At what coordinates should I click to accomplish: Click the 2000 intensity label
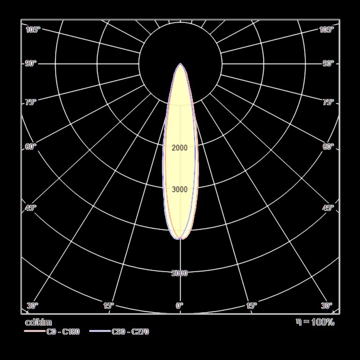pos(180,148)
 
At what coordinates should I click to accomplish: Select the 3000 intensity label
pos(180,189)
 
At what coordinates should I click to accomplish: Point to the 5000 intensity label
pos(180,273)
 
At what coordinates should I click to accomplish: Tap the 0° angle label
pos(180,306)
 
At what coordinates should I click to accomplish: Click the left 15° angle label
pos(109,306)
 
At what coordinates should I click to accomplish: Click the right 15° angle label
pos(251,306)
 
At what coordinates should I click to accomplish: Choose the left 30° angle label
pos(32,306)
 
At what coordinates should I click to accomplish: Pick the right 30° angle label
pos(326,306)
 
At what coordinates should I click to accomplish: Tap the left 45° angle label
pos(30,208)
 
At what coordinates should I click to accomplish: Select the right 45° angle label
pos(328,208)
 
